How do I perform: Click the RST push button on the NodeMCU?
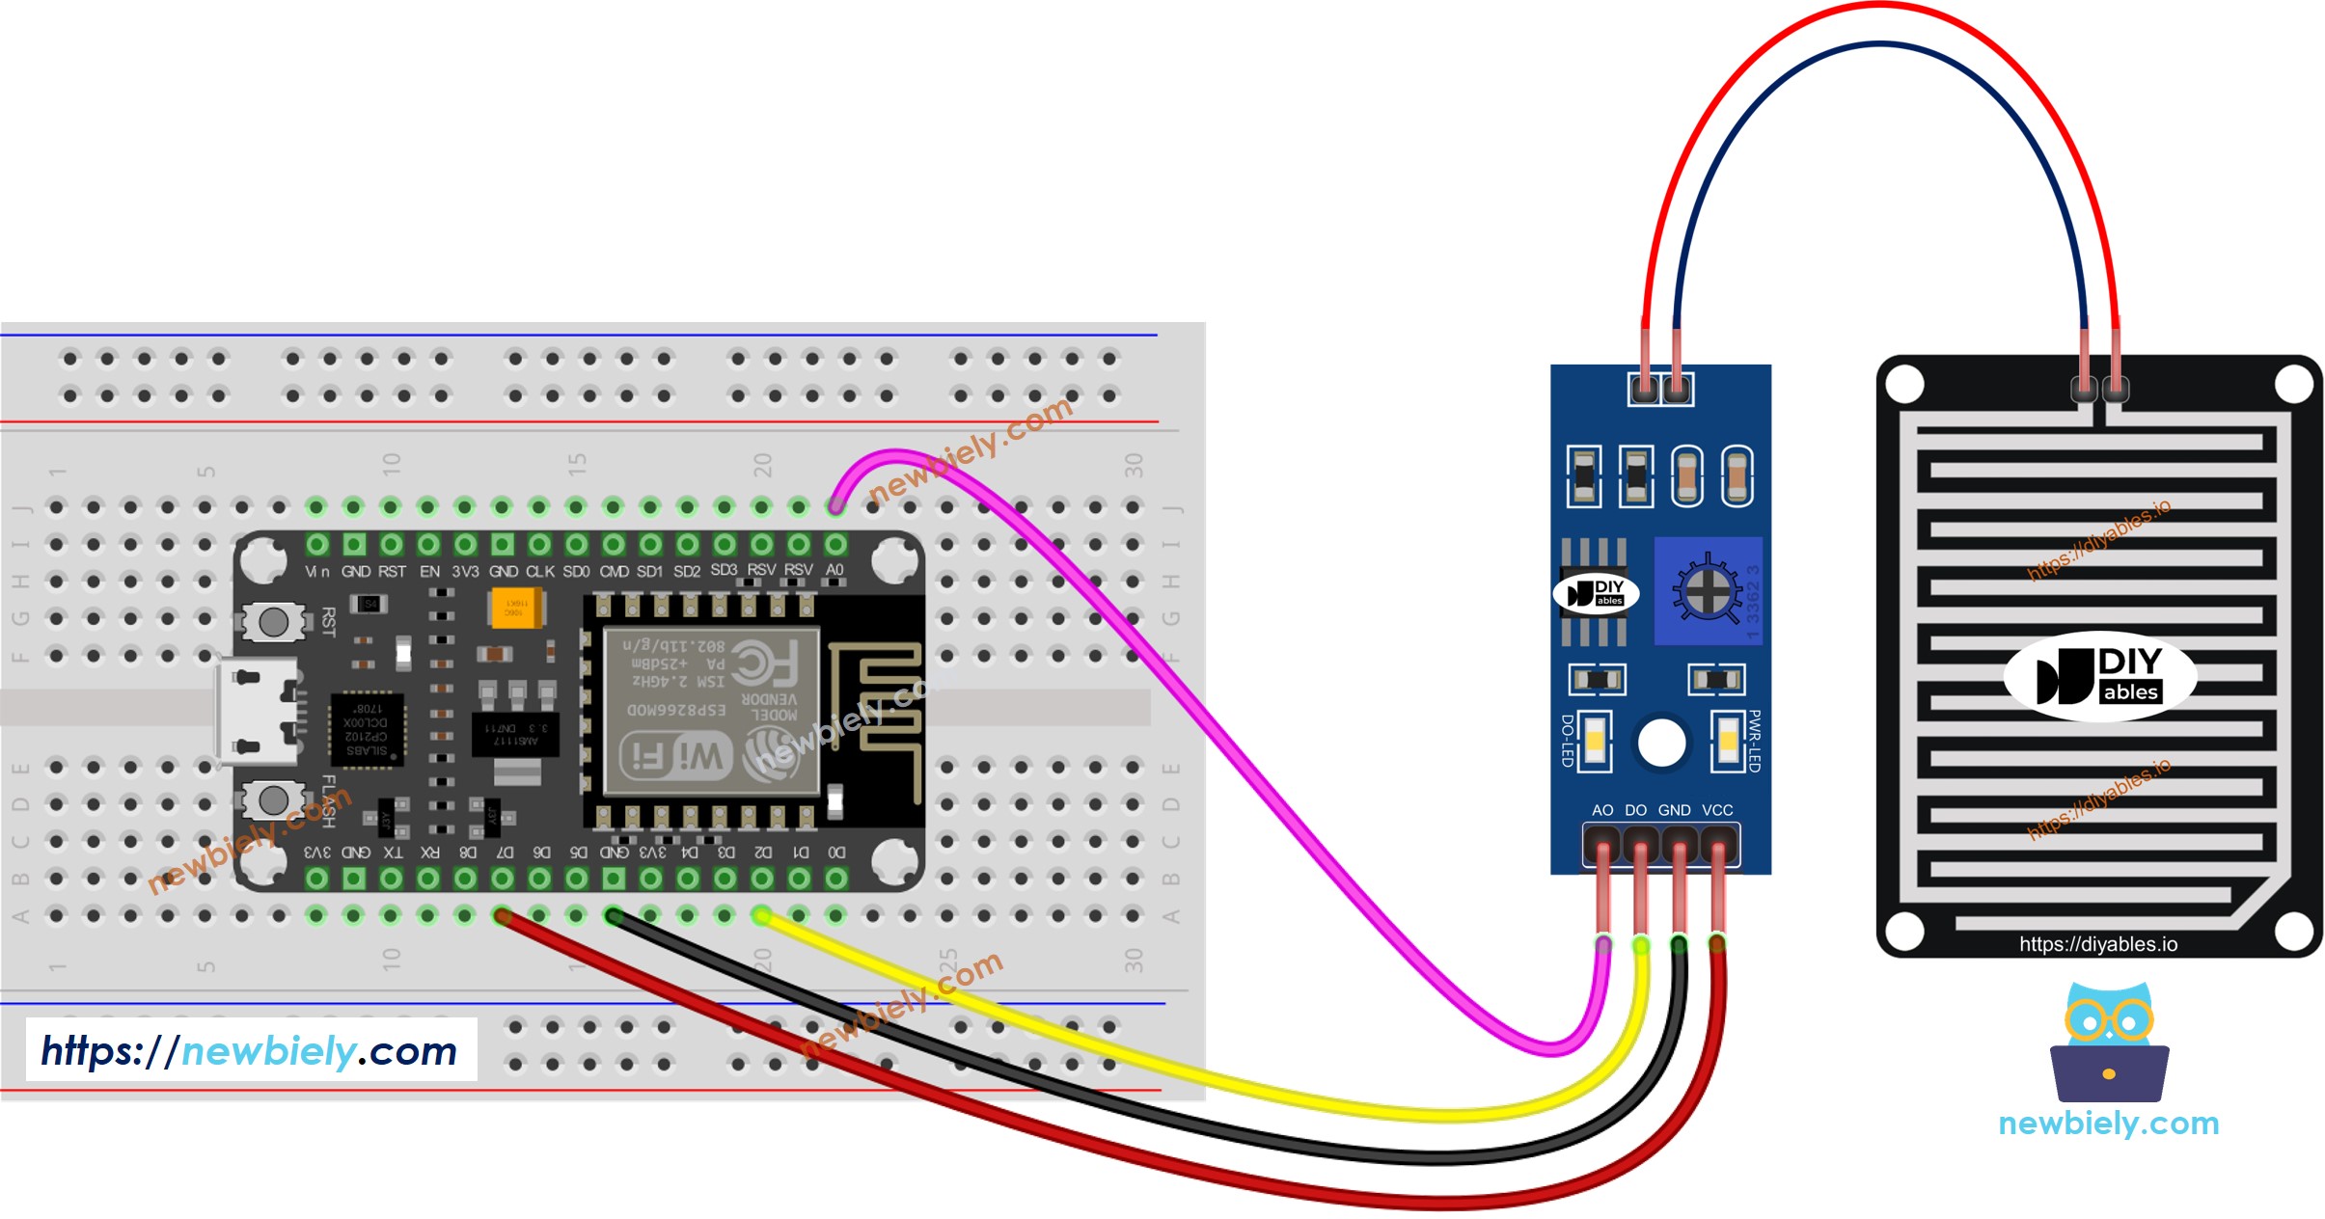[x=273, y=622]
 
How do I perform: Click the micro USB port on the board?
[x=256, y=712]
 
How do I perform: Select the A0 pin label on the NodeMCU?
[x=834, y=570]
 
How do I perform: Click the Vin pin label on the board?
[x=317, y=572]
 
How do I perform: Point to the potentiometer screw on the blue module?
[x=1707, y=591]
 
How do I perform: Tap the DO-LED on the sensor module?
[x=1595, y=741]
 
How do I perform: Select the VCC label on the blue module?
[x=1717, y=810]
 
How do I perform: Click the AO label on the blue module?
[x=1602, y=810]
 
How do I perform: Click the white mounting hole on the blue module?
[x=1661, y=744]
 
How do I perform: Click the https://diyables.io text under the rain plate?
[x=2098, y=944]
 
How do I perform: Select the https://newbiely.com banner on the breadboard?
[x=250, y=1050]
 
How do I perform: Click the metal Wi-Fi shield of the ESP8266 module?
[x=711, y=712]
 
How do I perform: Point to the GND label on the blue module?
[x=1674, y=810]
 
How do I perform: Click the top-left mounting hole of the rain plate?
[x=1904, y=385]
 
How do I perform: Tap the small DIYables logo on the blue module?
[x=1597, y=593]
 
